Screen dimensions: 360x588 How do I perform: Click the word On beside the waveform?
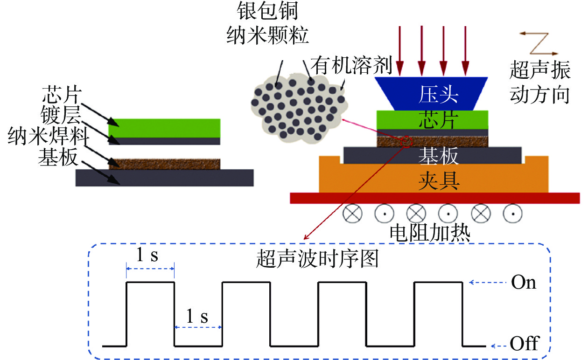pyautogui.click(x=524, y=282)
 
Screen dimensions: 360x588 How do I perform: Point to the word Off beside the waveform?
pyautogui.click(x=524, y=345)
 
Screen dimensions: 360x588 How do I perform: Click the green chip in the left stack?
pyautogui.click(x=164, y=128)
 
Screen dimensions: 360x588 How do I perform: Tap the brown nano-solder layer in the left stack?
pyautogui.click(x=164, y=164)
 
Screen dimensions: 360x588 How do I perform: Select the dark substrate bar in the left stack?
pyautogui.click(x=165, y=178)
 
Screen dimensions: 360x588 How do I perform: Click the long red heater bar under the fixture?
pyautogui.click(x=434, y=198)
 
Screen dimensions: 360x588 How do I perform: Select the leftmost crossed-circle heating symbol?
pyautogui.click(x=353, y=214)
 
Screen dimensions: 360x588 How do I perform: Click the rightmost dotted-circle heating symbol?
pyautogui.click(x=512, y=214)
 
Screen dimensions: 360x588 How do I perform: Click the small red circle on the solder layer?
pyautogui.click(x=406, y=141)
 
